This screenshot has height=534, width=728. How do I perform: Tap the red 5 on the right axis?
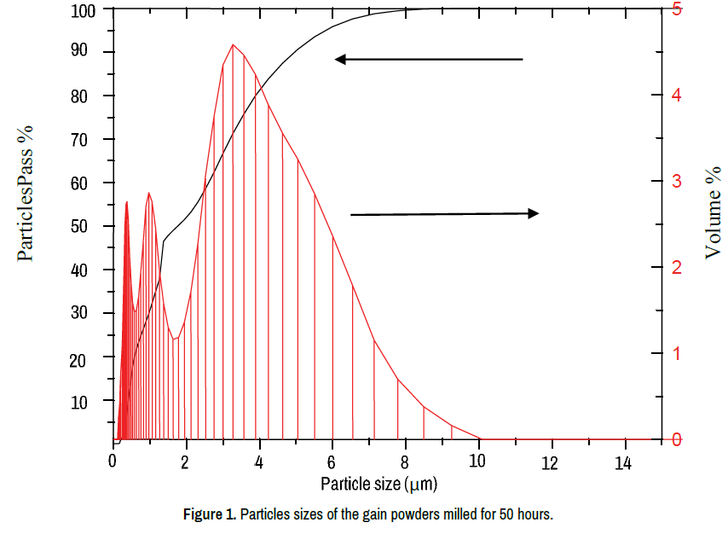[677, 9]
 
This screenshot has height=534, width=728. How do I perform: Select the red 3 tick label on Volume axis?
[677, 182]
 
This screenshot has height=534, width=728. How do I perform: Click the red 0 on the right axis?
[677, 440]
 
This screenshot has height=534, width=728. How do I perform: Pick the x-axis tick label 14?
[625, 462]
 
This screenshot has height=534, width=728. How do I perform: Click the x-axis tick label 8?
[405, 462]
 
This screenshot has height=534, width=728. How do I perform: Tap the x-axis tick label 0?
[113, 462]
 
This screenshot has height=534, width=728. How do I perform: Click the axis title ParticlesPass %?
[26, 192]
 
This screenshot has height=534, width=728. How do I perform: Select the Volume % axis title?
[714, 212]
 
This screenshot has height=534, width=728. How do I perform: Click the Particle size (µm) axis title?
[379, 485]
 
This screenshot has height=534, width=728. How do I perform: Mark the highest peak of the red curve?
[233, 44]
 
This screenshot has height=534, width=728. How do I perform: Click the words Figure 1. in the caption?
[210, 515]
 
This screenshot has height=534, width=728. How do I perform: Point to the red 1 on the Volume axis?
[677, 353]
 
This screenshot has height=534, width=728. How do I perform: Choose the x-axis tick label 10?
[478, 462]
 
